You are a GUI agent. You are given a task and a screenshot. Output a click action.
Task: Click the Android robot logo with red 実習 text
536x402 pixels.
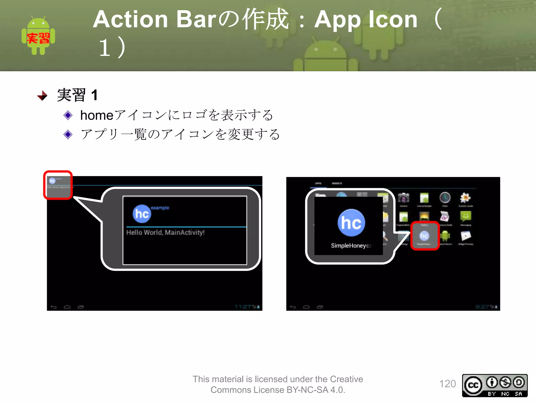(x=38, y=36)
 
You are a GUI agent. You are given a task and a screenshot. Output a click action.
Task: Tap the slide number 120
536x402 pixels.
(x=447, y=384)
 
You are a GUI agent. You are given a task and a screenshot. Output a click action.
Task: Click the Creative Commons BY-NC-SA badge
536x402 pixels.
(x=495, y=385)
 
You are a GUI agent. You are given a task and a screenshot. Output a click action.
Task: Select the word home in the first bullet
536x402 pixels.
(x=97, y=115)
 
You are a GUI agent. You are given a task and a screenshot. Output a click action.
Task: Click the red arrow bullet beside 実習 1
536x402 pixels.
(x=42, y=96)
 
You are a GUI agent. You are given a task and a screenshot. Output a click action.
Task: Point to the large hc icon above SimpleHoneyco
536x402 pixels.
(x=351, y=223)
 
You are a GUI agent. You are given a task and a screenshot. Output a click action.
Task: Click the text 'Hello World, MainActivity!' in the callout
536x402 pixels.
(x=165, y=232)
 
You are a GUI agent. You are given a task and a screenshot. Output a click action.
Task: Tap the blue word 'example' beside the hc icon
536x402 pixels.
(x=160, y=208)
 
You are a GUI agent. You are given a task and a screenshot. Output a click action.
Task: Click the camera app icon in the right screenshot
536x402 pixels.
(x=404, y=198)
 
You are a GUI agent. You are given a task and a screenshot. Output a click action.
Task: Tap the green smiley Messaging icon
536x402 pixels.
(x=466, y=216)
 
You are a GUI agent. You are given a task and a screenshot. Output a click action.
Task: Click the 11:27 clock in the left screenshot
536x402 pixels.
(x=243, y=307)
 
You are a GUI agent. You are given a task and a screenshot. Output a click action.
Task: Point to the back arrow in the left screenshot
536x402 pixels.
(x=54, y=307)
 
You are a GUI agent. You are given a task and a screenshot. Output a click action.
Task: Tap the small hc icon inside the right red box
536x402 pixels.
(x=424, y=236)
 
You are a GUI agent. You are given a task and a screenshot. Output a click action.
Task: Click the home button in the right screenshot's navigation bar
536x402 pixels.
(x=306, y=307)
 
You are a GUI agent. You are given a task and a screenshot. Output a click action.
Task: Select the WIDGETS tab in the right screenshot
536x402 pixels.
(x=337, y=183)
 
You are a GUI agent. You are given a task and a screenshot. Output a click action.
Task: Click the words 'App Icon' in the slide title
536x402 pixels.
(x=366, y=19)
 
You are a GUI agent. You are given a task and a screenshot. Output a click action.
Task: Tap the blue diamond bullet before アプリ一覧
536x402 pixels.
(x=68, y=134)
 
